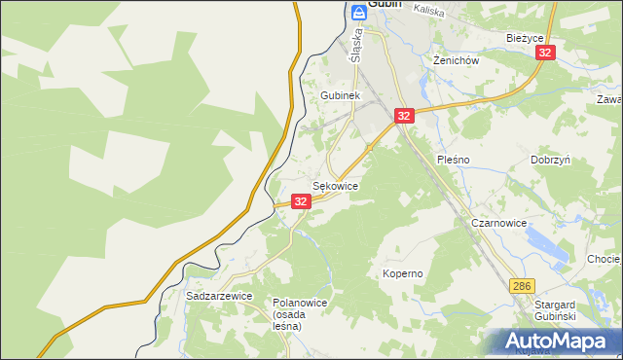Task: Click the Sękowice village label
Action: point(335,185)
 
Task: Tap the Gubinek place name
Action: point(341,96)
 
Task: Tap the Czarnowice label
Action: point(498,223)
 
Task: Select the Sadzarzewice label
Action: point(219,295)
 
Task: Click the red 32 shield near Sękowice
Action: point(301,201)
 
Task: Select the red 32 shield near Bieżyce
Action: point(546,53)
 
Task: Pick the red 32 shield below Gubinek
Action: point(405,116)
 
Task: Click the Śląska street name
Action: point(356,45)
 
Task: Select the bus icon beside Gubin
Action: point(357,12)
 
